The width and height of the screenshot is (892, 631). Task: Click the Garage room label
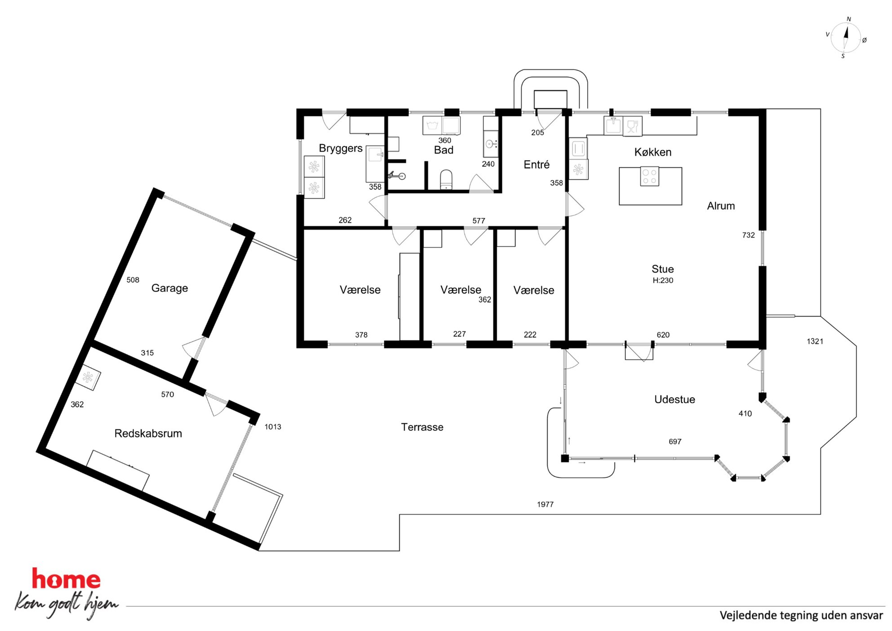coord(169,288)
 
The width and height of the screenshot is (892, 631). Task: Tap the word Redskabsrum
coord(148,434)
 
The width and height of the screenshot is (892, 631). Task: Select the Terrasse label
coord(422,427)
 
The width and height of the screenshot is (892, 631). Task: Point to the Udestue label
coord(674,399)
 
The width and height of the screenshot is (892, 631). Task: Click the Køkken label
coord(653,152)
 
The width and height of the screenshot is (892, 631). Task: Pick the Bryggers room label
coord(340,148)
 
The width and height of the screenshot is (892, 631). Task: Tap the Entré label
coord(536,165)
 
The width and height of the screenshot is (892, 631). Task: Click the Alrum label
coord(721,206)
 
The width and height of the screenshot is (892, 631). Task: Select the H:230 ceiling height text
coord(663,280)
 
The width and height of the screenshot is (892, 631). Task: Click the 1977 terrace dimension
coord(545,504)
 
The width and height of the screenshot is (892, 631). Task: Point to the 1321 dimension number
coord(815,341)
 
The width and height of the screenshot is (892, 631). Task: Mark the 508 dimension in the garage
coord(133,280)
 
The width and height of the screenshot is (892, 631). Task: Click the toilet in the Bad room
coord(446,180)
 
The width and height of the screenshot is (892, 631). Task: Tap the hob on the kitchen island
coord(649,176)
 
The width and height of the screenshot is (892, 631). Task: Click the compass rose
coord(845,38)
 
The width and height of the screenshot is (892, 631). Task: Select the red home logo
coord(66,578)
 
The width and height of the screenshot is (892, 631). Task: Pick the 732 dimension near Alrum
coord(748,235)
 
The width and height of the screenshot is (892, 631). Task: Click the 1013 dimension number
coord(272,427)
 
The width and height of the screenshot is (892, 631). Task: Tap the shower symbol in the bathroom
coord(397,175)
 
